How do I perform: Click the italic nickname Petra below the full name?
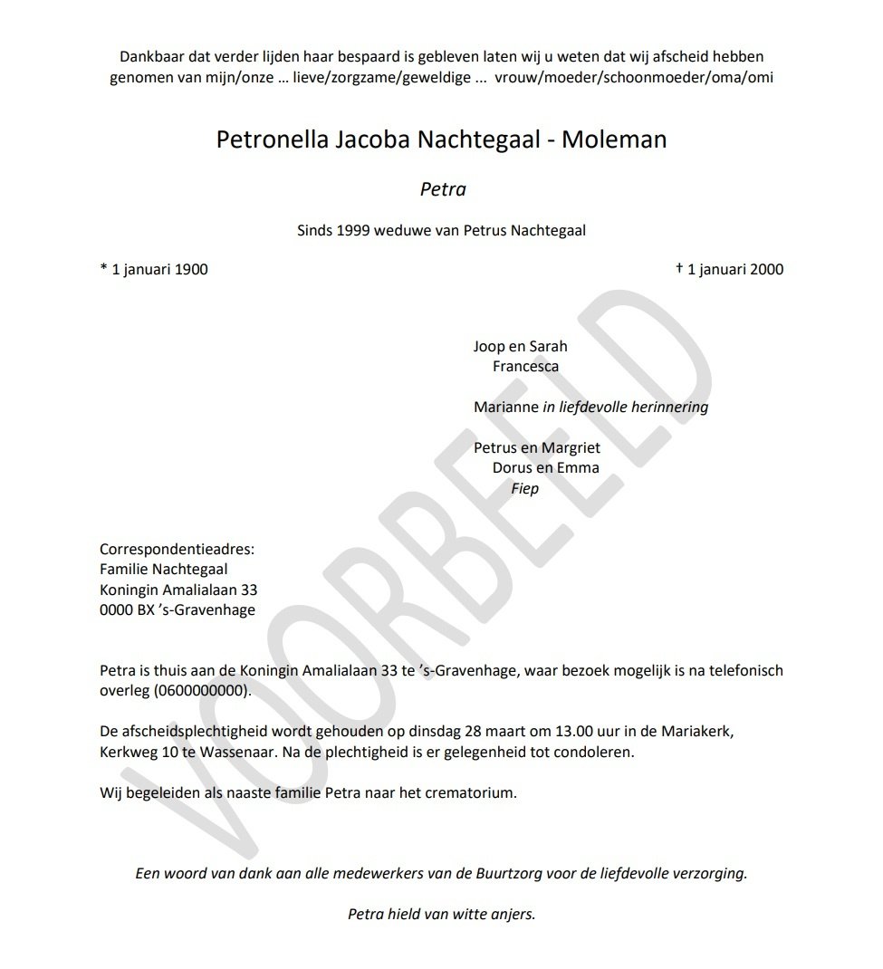click(443, 189)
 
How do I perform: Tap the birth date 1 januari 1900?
click(154, 269)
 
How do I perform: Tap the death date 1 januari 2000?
click(730, 269)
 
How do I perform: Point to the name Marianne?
click(505, 407)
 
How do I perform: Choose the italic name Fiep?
click(525, 488)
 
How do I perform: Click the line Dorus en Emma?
click(545, 468)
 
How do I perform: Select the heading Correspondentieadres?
click(178, 550)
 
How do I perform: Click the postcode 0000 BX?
click(128, 609)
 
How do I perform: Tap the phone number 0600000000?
click(200, 691)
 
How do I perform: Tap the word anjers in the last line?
click(513, 914)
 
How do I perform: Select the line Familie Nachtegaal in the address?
click(164, 570)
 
